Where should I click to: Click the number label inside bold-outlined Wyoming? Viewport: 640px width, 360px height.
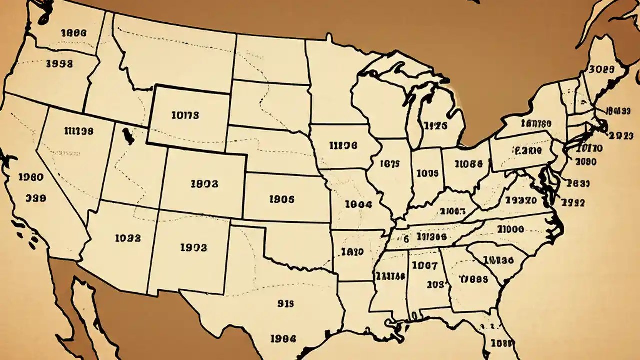point(185,115)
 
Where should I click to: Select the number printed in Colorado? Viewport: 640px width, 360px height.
point(204,183)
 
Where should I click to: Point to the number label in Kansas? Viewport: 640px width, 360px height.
point(282,199)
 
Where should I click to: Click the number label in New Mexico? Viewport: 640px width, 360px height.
point(193,247)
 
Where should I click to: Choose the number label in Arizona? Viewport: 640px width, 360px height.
point(128,238)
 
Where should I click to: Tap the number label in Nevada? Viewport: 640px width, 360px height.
point(79,131)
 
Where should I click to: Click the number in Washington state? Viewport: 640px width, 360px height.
point(73,33)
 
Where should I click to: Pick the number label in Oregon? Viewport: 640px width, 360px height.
point(59,63)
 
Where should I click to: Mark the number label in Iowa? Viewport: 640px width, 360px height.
point(343,145)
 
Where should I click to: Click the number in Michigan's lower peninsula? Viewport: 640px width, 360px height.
point(435,126)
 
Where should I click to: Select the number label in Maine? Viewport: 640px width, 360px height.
point(602,70)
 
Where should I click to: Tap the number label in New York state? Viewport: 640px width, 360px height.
point(535,123)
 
